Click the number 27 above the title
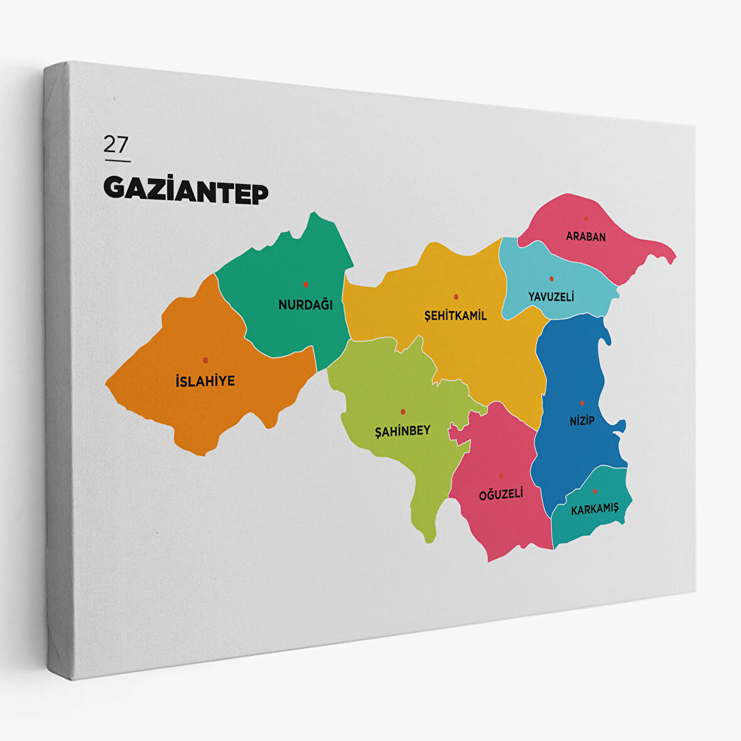tap(116, 144)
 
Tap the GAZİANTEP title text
tap(186, 190)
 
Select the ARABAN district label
tap(586, 237)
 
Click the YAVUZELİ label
tap(551, 296)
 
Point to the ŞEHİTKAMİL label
tap(455, 316)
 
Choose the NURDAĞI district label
tap(305, 305)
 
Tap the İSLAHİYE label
tap(205, 381)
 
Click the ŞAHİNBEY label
tap(403, 431)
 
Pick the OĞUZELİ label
tap(500, 495)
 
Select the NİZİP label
tap(581, 421)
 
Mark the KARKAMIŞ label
tap(595, 509)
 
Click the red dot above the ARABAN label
tap(586, 219)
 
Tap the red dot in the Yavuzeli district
tap(551, 278)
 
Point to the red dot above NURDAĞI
tap(306, 284)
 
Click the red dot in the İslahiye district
tap(205, 360)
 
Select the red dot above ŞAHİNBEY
tap(403, 412)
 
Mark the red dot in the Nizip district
tap(582, 403)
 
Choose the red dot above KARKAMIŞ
tap(595, 491)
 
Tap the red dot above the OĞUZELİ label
tap(501, 476)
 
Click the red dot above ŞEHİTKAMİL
tap(456, 296)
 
